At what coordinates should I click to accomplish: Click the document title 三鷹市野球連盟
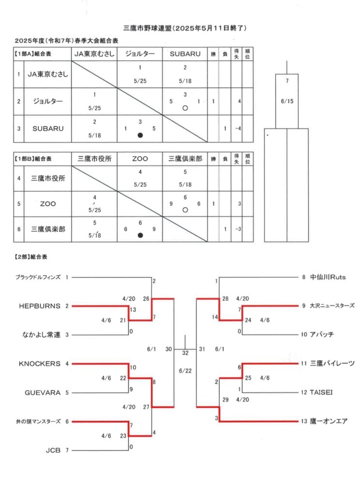tap(147, 28)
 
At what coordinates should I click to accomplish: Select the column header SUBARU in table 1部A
tap(185, 54)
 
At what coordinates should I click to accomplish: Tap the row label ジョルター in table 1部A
tap(48, 102)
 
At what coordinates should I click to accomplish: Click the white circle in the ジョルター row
tap(185, 108)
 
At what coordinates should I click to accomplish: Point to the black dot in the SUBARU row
tap(140, 135)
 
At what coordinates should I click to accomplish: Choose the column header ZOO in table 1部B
tap(140, 159)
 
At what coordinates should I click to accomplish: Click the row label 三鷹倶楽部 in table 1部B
tap(48, 229)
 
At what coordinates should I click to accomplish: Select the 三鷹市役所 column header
tap(94, 159)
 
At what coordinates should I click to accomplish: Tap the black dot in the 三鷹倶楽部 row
tap(140, 235)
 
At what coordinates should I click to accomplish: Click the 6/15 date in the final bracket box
tap(287, 102)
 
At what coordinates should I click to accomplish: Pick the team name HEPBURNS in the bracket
tap(40, 306)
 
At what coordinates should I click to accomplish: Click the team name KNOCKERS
tap(40, 364)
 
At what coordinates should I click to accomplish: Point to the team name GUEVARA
tap(43, 393)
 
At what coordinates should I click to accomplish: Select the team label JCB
tap(53, 451)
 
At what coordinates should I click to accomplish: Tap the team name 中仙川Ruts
tap(328, 277)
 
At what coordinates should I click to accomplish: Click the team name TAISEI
tap(321, 393)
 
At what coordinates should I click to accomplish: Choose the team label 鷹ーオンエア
tap(329, 421)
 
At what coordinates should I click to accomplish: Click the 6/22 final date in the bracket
tap(185, 371)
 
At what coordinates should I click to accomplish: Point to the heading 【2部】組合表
tap(30, 257)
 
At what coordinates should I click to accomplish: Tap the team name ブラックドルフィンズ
tap(38, 277)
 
